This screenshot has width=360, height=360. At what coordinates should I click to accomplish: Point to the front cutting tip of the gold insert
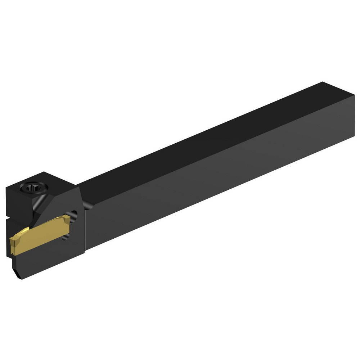tap(12, 239)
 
